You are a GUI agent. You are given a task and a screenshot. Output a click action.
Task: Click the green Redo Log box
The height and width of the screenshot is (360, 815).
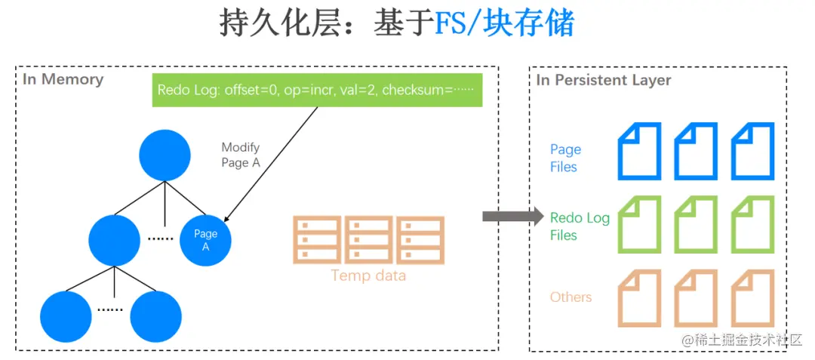pyautogui.click(x=317, y=90)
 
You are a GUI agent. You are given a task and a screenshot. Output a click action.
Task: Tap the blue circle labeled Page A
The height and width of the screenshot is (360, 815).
pyautogui.click(x=205, y=241)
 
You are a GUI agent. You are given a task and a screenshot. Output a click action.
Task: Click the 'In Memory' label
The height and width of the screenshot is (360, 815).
pyautogui.click(x=63, y=79)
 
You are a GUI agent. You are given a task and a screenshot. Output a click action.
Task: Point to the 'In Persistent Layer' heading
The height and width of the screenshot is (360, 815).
pyautogui.click(x=604, y=80)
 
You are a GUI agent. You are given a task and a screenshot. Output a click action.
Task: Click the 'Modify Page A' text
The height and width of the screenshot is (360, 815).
pyautogui.click(x=242, y=155)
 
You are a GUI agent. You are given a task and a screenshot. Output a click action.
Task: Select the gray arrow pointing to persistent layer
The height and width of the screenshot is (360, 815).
pyautogui.click(x=512, y=217)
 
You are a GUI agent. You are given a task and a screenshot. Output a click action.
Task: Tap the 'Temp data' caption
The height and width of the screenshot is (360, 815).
pyautogui.click(x=368, y=275)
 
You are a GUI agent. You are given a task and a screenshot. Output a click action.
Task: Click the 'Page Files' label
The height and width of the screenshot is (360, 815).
pyautogui.click(x=565, y=158)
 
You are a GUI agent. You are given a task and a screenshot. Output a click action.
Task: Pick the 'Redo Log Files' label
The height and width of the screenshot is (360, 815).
pyautogui.click(x=579, y=226)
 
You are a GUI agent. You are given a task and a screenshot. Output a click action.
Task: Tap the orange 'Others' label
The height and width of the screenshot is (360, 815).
pyautogui.click(x=570, y=297)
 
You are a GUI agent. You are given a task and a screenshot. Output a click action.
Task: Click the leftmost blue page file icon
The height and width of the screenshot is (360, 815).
pyautogui.click(x=640, y=151)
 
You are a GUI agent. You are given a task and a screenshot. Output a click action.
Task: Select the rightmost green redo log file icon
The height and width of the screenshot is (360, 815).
pyautogui.click(x=753, y=224)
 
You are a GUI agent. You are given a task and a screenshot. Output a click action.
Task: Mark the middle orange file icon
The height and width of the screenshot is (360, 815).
pyautogui.click(x=696, y=297)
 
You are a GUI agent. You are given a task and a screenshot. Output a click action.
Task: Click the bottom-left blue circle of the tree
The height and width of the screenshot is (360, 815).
pyautogui.click(x=66, y=315)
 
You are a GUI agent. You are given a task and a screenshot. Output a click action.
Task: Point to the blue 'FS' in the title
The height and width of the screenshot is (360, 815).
pyautogui.click(x=451, y=24)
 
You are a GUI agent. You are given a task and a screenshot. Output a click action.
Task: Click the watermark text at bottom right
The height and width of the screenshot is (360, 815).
pyautogui.click(x=742, y=341)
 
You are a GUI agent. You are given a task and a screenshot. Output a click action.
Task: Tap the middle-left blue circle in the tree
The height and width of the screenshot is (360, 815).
pyautogui.click(x=114, y=240)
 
